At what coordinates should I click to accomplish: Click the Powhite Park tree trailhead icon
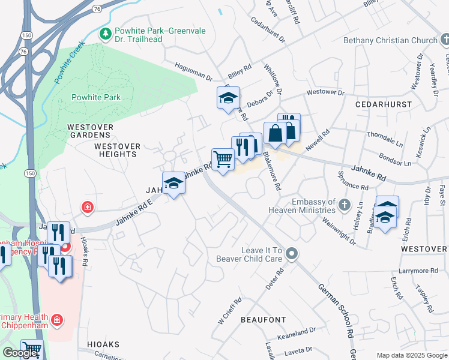(x=106, y=32)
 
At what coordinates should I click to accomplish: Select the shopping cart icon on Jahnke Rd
(x=223, y=160)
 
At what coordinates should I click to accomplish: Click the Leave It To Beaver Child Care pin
(x=292, y=254)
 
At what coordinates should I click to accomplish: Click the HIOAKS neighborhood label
(x=103, y=344)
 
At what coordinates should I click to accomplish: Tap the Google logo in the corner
(x=20, y=353)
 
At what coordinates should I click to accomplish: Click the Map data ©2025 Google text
(x=412, y=355)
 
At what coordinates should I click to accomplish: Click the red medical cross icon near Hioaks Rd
(x=88, y=208)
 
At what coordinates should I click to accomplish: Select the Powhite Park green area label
(x=96, y=97)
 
